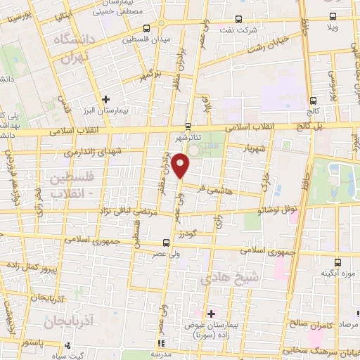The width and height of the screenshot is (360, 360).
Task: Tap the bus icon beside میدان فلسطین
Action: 146,29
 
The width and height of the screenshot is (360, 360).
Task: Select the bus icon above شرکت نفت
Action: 238,19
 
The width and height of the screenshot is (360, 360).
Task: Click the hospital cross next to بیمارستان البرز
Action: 105,101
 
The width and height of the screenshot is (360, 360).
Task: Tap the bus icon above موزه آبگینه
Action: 338,262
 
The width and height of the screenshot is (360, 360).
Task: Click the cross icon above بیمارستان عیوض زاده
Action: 211,313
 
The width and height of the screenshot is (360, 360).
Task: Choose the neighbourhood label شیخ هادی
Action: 231,278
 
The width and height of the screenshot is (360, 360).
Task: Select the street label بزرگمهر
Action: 150,73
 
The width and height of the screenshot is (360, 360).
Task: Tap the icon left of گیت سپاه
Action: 67,345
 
